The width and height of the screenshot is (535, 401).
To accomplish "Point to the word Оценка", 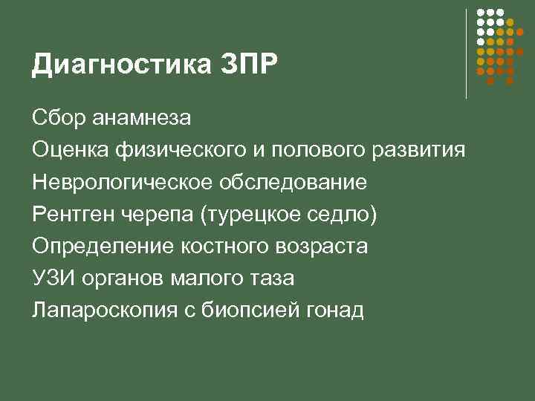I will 70,150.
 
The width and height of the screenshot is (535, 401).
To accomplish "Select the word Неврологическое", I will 117,183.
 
